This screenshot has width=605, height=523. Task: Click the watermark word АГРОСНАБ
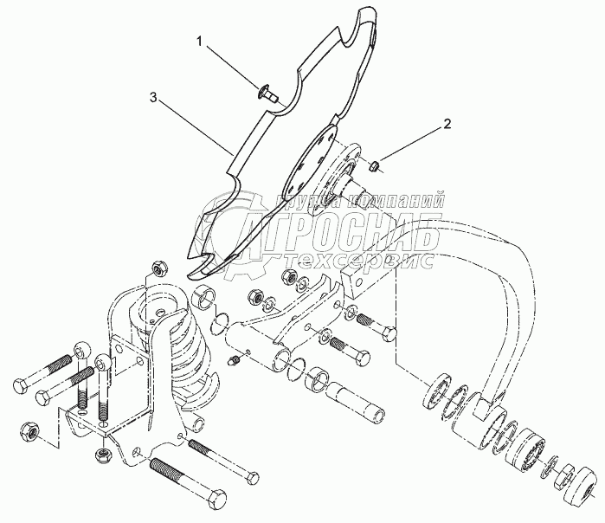click(346, 223)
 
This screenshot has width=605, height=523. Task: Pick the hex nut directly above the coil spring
click(159, 268)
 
